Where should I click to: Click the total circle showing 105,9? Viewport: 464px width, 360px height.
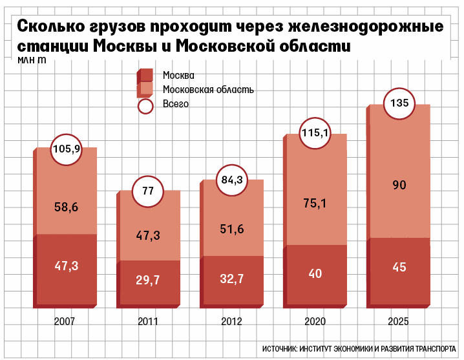click(x=67, y=149)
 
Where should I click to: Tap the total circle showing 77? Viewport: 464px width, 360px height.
click(x=147, y=191)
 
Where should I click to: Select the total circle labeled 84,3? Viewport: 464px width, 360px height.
click(x=232, y=180)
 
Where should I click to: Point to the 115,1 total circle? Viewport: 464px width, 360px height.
click(x=315, y=133)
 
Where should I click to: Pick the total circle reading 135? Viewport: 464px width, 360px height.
click(x=399, y=103)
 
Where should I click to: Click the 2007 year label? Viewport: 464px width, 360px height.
click(x=65, y=321)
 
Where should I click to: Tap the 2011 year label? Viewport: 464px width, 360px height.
click(x=148, y=321)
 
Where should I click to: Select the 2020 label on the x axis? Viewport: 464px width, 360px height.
click(x=315, y=321)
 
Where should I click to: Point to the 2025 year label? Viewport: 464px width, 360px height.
click(x=398, y=321)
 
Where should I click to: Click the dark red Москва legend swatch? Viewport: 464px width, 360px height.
click(x=145, y=76)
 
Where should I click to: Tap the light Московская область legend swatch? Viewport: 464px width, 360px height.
click(x=145, y=90)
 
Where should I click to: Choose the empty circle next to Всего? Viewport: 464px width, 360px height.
click(x=145, y=106)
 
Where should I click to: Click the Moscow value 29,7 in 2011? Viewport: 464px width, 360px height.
click(x=147, y=280)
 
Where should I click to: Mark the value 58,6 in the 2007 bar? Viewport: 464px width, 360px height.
click(x=67, y=207)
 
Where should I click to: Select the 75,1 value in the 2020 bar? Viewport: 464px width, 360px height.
click(x=315, y=204)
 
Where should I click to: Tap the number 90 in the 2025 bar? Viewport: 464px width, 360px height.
click(x=399, y=185)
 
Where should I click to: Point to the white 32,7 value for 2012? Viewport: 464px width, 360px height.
click(x=232, y=279)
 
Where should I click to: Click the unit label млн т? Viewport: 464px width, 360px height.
click(x=32, y=60)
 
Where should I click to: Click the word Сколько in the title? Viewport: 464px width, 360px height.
click(x=51, y=26)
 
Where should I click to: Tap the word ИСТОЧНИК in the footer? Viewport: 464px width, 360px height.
click(x=280, y=349)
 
